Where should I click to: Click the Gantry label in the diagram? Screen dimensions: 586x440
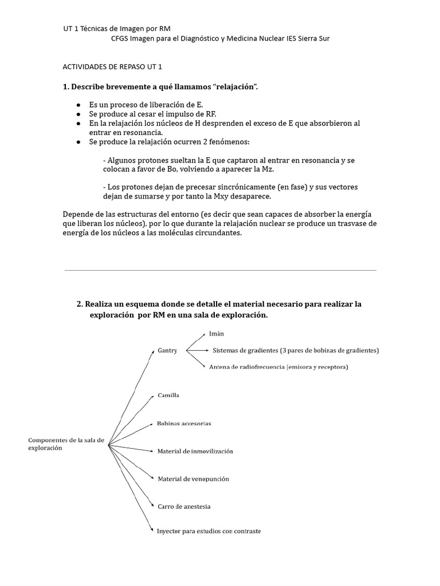167,350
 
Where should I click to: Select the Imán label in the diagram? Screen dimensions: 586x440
217,333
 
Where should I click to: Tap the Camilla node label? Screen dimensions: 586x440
168,395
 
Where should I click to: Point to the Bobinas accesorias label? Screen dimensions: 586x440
184,423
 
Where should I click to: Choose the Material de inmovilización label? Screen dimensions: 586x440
195,451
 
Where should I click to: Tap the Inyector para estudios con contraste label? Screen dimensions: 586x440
209,531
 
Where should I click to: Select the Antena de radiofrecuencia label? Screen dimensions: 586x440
278,367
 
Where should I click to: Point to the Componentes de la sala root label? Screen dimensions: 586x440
66,444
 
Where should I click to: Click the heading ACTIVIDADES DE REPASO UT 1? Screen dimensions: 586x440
112,66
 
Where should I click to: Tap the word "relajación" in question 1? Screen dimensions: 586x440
235,86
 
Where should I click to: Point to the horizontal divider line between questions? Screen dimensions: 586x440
221,270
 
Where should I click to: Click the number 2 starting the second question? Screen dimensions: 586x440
79,304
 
